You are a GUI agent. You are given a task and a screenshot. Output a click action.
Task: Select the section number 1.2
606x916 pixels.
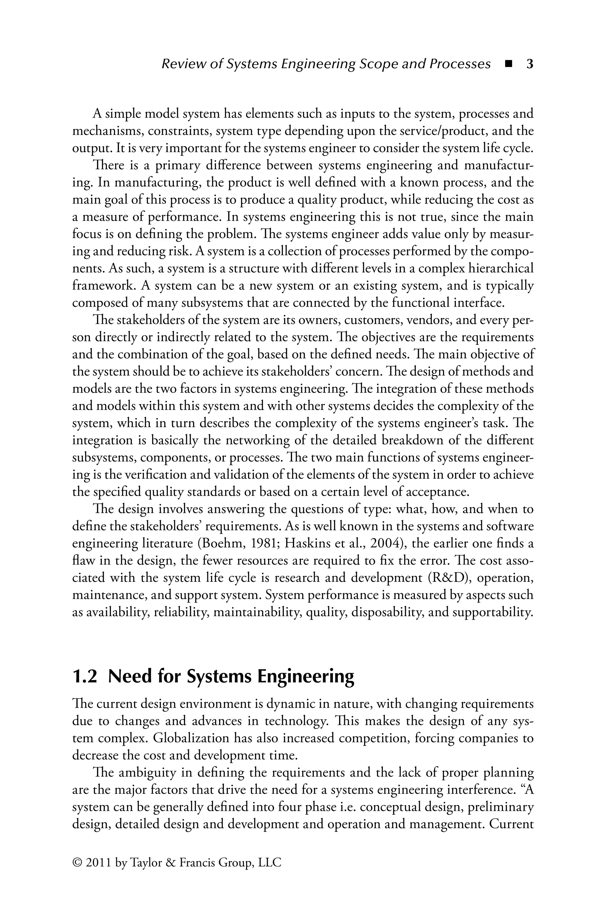84,677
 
